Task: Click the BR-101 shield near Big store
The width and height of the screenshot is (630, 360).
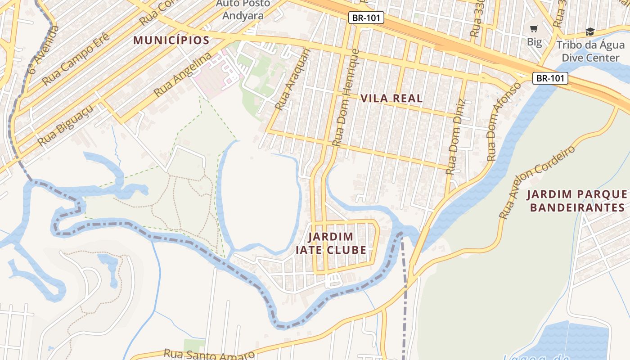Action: [550, 78]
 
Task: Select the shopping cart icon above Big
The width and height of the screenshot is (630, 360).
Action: [534, 29]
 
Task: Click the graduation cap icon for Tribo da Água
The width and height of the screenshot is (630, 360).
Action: [590, 31]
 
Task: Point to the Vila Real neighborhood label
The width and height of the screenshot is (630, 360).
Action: [391, 98]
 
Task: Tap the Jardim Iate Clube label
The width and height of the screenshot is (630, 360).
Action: [331, 243]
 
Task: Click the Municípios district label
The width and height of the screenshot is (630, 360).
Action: [171, 40]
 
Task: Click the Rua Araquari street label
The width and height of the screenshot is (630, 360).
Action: [293, 79]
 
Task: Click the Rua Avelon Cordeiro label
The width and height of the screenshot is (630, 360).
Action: [538, 182]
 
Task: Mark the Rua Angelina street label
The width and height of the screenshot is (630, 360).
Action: [182, 75]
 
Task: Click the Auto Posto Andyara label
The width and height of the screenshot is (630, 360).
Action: [243, 9]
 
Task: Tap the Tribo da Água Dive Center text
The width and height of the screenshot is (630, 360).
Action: [590, 51]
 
